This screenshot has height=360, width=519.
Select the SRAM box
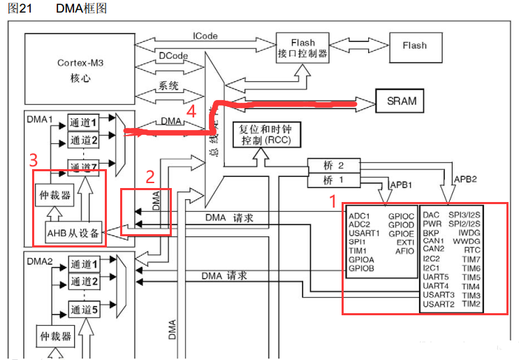pos(401,101)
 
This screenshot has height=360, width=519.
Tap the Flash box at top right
pos(414,45)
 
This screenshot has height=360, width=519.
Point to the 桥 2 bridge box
pos(333,166)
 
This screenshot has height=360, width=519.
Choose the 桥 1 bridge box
pos(333,180)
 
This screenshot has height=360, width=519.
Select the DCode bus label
pos(172,53)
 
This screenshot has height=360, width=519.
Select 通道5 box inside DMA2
pos(84,308)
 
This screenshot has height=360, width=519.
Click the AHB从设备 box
pos(73,232)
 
